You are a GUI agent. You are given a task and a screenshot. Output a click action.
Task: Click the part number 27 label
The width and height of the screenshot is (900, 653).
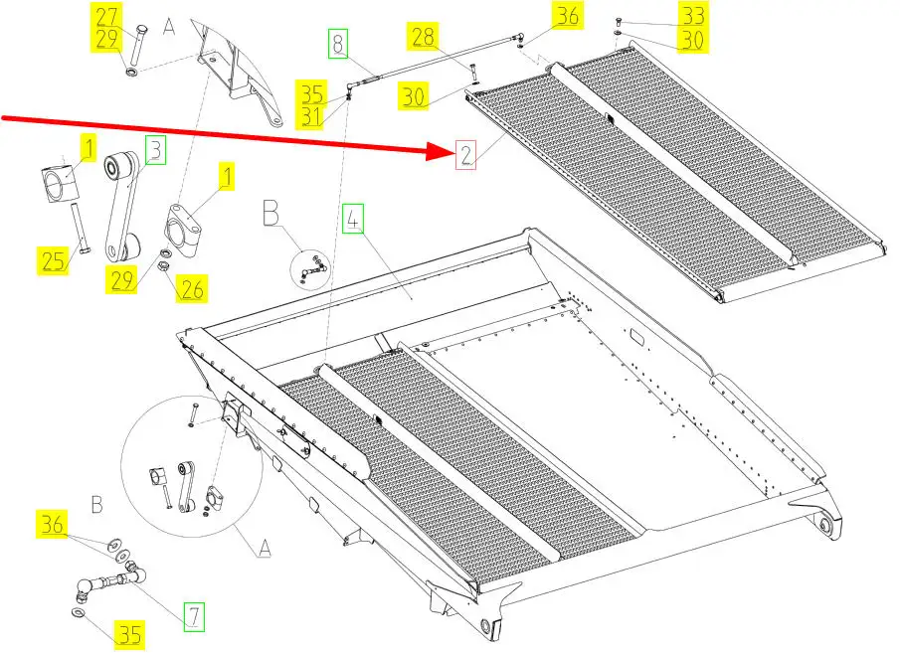tap(106, 17)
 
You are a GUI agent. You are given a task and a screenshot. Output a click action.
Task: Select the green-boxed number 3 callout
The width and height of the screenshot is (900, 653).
tap(155, 151)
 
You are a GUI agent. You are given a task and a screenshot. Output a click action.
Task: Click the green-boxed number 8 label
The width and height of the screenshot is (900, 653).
tap(339, 44)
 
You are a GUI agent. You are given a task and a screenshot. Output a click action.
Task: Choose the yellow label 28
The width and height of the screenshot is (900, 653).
tap(423, 38)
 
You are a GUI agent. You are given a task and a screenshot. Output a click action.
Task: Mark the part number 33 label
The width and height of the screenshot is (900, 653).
tap(692, 16)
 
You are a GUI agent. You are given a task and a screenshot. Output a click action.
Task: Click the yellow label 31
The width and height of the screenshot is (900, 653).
tap(313, 117)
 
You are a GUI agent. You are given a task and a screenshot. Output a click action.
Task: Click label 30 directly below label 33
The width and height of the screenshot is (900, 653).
tap(692, 41)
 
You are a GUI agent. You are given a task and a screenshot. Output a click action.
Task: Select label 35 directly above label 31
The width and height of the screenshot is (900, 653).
tap(313, 94)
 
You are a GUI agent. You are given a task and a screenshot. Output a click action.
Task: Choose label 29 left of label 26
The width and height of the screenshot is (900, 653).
tap(122, 279)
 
